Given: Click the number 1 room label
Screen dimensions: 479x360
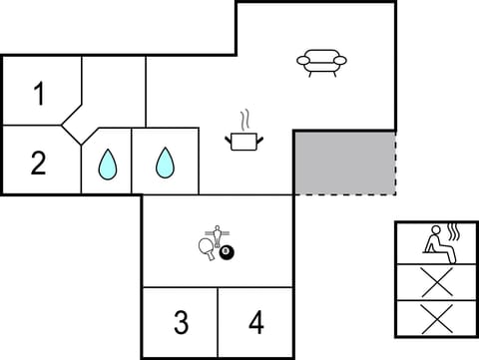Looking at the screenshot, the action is point(39,95).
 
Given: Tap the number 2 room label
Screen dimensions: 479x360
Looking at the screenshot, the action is point(38,162).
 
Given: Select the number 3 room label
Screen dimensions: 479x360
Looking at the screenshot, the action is point(181,323).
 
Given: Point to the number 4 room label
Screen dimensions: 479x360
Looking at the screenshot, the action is point(256,323).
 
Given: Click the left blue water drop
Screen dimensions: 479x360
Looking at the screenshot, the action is point(107,163).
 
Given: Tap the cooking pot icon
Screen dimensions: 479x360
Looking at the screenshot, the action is point(242,142).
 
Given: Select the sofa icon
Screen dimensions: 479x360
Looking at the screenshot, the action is point(321,63).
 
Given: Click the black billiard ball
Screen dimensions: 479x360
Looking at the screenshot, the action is point(227,254).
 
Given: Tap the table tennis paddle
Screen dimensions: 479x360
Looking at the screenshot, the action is point(208,249).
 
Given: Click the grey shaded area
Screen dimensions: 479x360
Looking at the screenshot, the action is point(344,163).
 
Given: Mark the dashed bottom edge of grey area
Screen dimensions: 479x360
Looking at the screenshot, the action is point(344,194).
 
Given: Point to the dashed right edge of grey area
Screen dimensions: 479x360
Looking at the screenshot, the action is point(395,163).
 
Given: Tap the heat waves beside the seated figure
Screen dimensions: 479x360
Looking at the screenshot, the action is point(454,235).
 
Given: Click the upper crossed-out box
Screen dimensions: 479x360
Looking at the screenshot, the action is point(436,282).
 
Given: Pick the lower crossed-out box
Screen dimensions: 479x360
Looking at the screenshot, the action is point(436,318).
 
